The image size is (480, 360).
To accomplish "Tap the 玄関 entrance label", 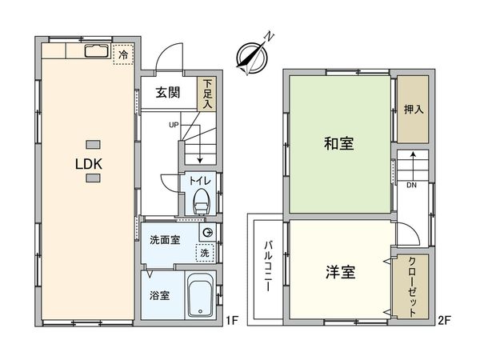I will pos(167,92).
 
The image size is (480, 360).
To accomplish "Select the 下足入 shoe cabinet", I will pos(208,93).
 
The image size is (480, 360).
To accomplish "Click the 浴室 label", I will pos(159,295).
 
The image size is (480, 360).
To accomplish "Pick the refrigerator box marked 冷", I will pos(123,55).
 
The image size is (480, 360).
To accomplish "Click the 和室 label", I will pos(339,144).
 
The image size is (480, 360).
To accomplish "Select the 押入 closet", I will pos(414,110).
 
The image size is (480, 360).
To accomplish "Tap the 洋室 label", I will pos(339,273).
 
